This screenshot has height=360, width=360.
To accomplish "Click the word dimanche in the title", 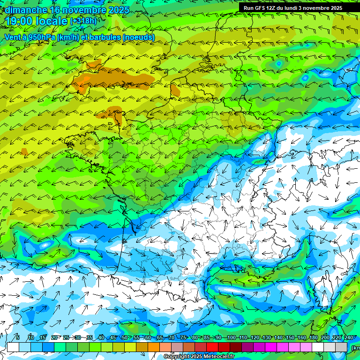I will tap(26, 10).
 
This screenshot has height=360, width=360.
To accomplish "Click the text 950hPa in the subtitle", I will tap(48, 37).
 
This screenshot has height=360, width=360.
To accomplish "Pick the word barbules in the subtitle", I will tap(103, 37).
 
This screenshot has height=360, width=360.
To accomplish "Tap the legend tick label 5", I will tap(18, 337).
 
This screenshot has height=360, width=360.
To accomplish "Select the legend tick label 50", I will tap(125, 337).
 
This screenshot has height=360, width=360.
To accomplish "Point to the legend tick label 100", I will tap(231, 337).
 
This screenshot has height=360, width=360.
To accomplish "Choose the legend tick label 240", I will tap(349, 337).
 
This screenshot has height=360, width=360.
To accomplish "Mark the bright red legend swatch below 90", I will tap(212, 347).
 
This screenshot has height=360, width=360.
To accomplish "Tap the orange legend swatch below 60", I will tap(142, 347).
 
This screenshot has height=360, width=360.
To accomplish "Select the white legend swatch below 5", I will tap(13, 347).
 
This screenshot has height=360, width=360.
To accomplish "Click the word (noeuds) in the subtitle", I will tap(138, 37).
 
